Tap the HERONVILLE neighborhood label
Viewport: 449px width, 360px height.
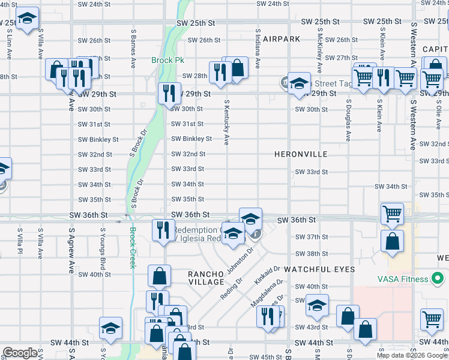(x=301, y=154)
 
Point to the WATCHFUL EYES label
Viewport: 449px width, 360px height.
(x=319, y=270)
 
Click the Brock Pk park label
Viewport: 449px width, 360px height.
(x=167, y=61)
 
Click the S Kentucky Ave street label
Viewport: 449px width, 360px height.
(x=226, y=122)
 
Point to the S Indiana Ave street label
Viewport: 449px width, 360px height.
(x=257, y=49)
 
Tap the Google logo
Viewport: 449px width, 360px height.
(x=20, y=353)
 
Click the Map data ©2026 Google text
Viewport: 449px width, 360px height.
(x=412, y=355)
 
